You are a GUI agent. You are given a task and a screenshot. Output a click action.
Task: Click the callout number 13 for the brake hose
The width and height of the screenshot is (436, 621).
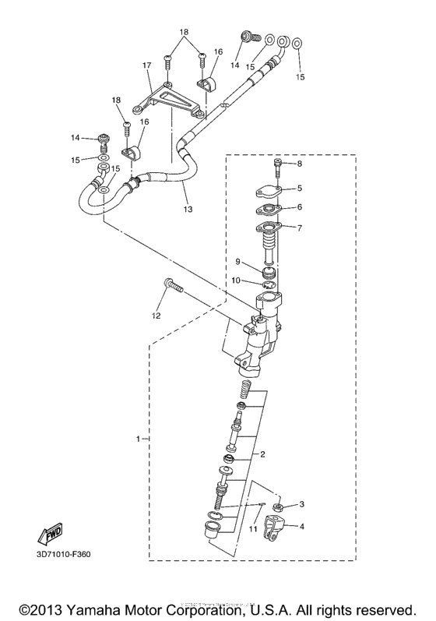[x=187, y=210]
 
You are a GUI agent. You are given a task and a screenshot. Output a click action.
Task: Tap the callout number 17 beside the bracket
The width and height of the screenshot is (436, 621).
[x=146, y=66]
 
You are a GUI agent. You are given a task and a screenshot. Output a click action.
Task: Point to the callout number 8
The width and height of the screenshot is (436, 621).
[x=300, y=164]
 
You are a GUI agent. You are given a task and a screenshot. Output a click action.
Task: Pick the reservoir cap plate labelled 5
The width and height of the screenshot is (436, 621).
[x=269, y=191]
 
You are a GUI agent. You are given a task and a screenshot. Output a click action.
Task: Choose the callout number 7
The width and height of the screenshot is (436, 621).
[x=300, y=228]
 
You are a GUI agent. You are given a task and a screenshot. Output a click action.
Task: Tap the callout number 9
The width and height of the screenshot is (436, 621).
[x=240, y=262]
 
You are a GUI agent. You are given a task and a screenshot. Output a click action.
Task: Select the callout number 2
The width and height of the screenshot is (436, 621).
[x=263, y=454]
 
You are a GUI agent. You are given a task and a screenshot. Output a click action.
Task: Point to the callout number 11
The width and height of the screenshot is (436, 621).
[x=252, y=530]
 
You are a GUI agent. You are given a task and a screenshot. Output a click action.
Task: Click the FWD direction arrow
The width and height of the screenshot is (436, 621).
[x=49, y=536]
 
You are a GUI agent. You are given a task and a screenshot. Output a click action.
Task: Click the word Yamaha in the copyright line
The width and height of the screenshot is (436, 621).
[x=90, y=609]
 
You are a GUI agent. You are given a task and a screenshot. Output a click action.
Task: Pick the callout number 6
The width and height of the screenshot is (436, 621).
[x=300, y=208]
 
